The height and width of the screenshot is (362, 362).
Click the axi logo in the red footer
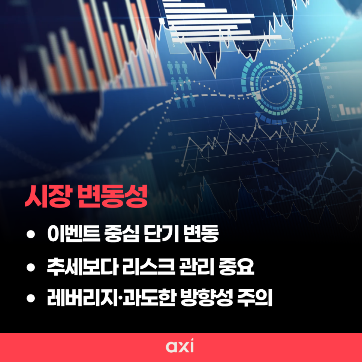coord(180,346)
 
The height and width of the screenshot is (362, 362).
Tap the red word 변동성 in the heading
coord(112,196)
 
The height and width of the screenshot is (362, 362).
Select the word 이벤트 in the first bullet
coord(74,233)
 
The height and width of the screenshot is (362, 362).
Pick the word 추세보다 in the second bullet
coord(82,267)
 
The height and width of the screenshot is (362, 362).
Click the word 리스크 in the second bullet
coord(148,267)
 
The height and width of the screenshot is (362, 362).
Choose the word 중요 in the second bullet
coord(236,267)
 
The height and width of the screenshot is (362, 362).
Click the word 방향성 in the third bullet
coord(206,298)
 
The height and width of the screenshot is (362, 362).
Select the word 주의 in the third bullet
coord(255,298)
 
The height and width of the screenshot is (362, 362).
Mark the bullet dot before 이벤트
coord(31,234)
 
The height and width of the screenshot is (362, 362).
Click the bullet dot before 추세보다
coord(31,268)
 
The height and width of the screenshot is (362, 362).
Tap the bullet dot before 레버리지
coord(31,298)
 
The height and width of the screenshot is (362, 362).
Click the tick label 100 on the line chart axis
coord(167,121)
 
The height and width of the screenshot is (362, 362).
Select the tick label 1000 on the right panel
coord(324,68)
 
